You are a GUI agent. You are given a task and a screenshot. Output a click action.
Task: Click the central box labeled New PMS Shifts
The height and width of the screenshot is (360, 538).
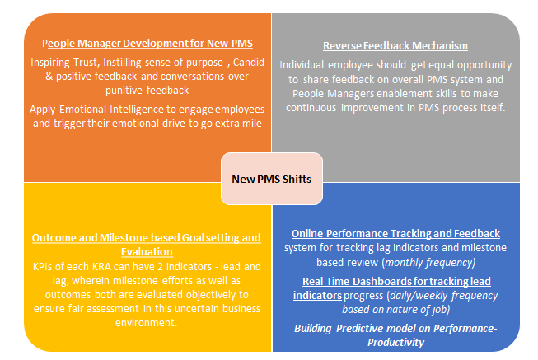tap(272, 179)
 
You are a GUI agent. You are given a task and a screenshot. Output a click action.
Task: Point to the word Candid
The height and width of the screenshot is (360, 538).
tap(249, 62)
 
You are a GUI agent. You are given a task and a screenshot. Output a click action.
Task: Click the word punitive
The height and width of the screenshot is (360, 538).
tap(124, 91)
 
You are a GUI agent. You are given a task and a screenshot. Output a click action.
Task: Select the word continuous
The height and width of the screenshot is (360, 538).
tap(311, 108)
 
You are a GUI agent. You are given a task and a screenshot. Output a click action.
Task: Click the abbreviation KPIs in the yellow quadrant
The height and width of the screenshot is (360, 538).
tap(43, 267)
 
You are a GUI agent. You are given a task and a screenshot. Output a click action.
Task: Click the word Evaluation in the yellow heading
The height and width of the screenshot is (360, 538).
tap(147, 252)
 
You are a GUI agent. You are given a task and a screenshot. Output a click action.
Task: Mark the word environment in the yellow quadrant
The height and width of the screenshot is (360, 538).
tap(145, 323)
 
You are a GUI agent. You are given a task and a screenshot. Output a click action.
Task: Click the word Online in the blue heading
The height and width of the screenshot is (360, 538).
tap(307, 234)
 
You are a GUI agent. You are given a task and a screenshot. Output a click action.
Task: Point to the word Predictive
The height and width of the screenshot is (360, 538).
tap(359, 329)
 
